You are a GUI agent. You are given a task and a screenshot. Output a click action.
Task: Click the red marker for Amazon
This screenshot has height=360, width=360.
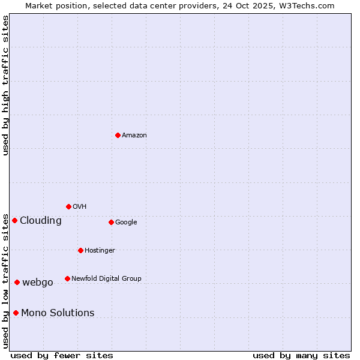click(118, 135)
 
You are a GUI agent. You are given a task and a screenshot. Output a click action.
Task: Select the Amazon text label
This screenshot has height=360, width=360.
click(134, 136)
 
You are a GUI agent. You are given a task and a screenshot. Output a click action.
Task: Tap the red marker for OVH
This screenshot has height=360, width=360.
click(68, 206)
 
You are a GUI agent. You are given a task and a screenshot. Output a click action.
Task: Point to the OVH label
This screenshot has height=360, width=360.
click(80, 207)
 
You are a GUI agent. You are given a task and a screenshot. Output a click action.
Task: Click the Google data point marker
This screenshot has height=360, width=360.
click(111, 222)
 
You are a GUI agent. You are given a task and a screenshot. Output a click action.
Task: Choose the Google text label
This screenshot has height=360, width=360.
click(126, 223)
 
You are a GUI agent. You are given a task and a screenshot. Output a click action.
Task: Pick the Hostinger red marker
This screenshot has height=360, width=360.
click(80, 250)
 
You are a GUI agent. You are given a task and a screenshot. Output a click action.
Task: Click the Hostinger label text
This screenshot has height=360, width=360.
click(100, 251)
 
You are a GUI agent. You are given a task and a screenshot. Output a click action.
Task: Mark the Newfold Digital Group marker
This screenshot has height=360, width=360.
click(67, 278)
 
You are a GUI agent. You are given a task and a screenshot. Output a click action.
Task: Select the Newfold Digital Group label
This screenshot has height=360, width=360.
click(106, 279)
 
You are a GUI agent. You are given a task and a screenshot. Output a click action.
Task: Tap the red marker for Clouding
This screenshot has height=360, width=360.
click(14, 220)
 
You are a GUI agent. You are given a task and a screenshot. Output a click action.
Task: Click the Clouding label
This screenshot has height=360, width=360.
click(41, 221)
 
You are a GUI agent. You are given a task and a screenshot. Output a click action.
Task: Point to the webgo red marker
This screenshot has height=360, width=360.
click(17, 282)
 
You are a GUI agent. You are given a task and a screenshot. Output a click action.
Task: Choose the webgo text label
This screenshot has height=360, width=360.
click(38, 283)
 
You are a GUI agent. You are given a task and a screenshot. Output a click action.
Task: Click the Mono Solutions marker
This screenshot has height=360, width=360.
click(16, 313)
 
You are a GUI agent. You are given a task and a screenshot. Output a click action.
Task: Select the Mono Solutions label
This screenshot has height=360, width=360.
click(58, 313)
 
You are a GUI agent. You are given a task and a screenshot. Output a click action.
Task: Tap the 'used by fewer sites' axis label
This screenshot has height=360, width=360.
click(62, 355)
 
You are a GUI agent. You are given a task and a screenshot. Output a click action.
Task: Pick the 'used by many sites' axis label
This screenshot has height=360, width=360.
click(301, 355)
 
